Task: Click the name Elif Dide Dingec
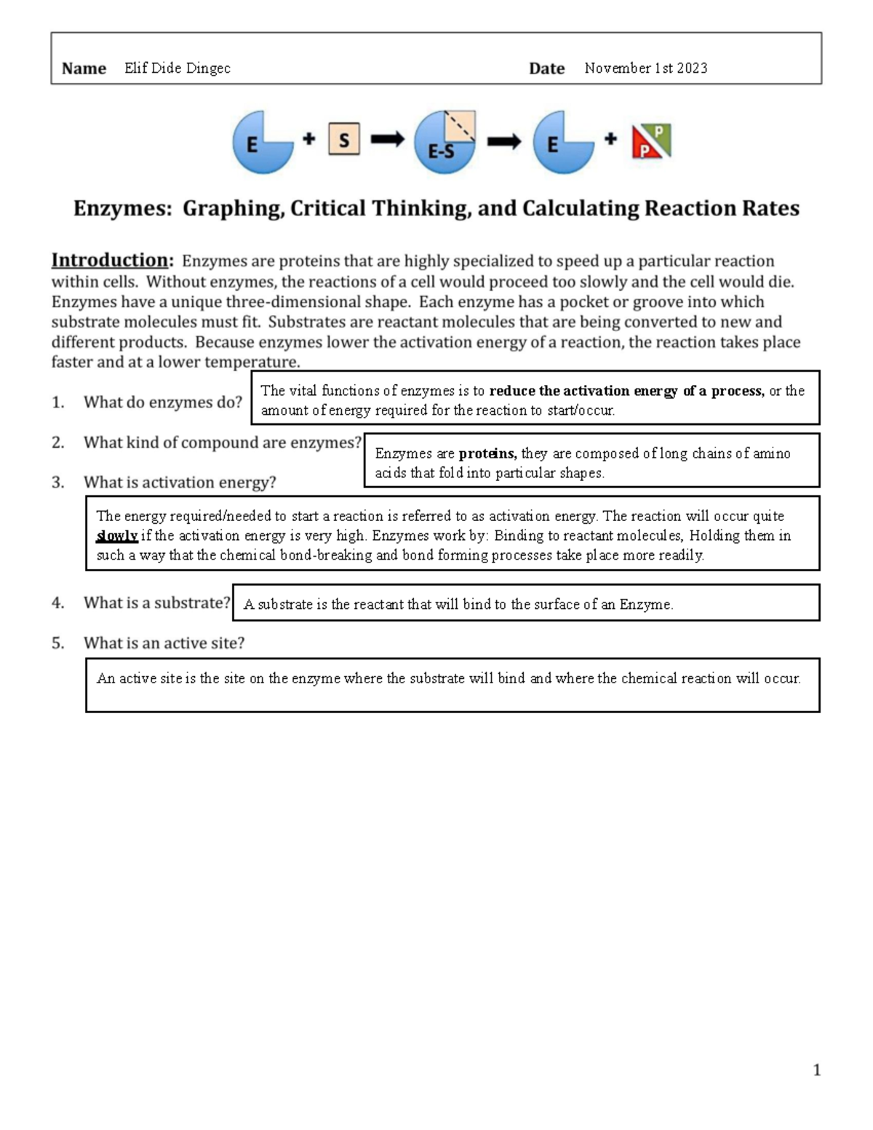click(178, 68)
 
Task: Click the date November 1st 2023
click(645, 68)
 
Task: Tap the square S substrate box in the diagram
click(344, 140)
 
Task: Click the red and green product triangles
click(651, 141)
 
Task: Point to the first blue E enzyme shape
click(260, 143)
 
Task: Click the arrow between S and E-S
click(387, 140)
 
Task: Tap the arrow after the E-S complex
click(503, 141)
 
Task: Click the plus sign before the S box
click(309, 138)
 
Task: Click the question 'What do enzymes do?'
click(162, 402)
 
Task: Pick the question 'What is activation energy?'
click(180, 482)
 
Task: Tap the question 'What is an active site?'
click(164, 643)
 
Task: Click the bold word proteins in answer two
click(487, 453)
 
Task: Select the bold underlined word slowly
click(116, 536)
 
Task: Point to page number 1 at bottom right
click(816, 1070)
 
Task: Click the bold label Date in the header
click(546, 68)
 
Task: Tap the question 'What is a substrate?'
click(156, 603)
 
